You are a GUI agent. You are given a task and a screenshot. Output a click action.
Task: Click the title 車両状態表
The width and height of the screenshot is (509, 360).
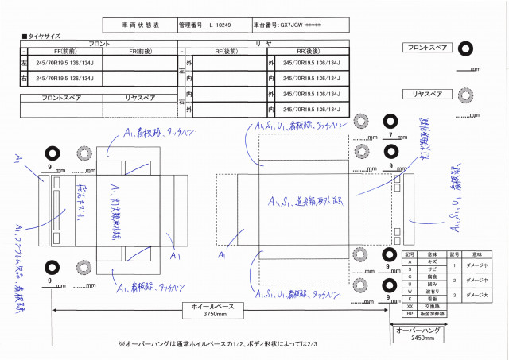click(140, 25)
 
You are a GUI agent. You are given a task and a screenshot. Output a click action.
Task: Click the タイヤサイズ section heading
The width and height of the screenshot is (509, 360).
click(44, 37)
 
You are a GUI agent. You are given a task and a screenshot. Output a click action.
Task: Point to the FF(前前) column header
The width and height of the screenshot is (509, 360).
click(63, 50)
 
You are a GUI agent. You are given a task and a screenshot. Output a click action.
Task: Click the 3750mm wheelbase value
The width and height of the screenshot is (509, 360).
click(216, 314)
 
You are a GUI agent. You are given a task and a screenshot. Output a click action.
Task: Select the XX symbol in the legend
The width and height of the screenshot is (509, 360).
click(410, 304)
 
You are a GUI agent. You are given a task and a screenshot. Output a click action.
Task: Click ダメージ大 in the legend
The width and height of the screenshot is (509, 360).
click(477, 294)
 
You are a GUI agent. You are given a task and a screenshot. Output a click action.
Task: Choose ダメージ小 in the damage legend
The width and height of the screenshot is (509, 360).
click(477, 265)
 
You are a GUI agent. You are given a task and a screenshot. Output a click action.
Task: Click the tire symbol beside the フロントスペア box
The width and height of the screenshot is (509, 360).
click(461, 48)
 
